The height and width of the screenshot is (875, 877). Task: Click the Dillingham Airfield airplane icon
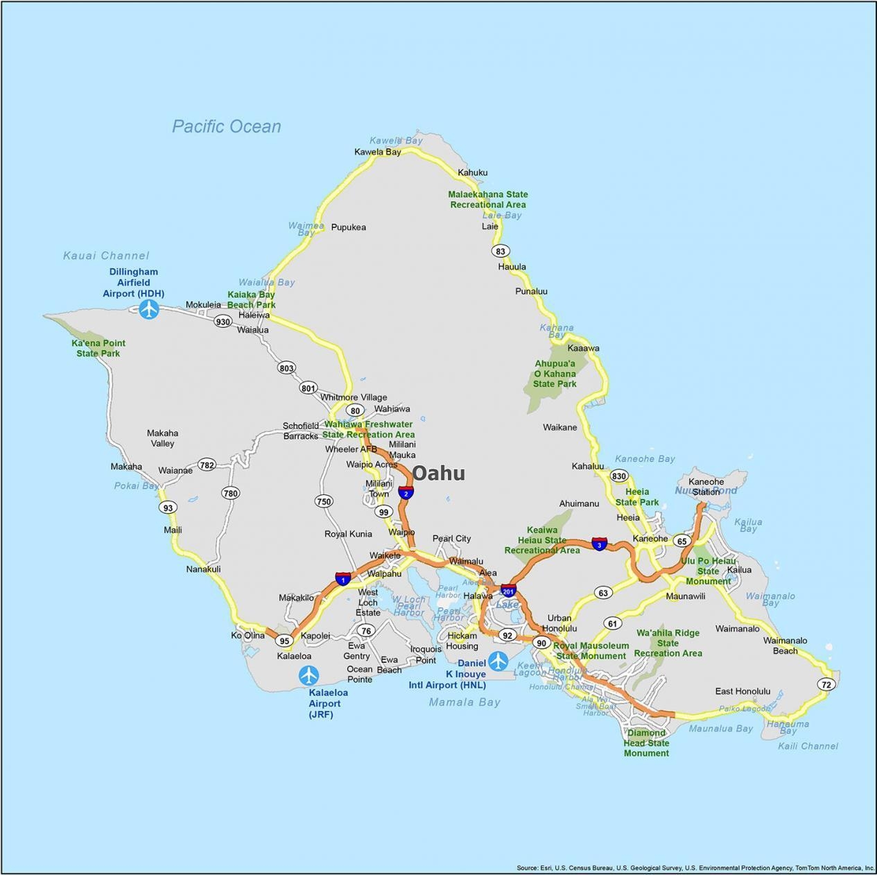[x=149, y=309]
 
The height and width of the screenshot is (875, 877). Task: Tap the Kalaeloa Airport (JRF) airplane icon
[x=309, y=675]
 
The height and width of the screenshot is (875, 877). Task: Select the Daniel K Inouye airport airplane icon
[x=498, y=661]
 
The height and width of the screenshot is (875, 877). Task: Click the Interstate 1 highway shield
[x=342, y=578]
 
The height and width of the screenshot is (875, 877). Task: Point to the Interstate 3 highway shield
[x=600, y=544]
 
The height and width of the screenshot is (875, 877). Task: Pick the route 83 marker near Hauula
[x=500, y=251]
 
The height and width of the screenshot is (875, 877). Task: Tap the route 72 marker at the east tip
[x=825, y=684]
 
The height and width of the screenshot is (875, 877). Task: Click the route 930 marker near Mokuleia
[x=223, y=322]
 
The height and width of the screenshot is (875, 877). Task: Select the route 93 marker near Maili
[x=168, y=508]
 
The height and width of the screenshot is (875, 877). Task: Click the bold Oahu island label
[x=439, y=474]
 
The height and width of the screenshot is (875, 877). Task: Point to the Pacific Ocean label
[x=227, y=126]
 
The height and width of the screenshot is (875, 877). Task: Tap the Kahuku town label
[x=473, y=173]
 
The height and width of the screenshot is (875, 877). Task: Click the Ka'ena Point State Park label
[x=98, y=348]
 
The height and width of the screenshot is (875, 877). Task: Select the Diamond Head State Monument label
[x=646, y=743]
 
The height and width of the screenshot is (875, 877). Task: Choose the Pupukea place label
[x=348, y=227]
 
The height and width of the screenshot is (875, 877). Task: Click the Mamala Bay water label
[x=464, y=702]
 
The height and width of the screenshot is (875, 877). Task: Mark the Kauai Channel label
[x=106, y=255]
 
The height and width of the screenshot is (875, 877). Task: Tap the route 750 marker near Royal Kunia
[x=324, y=501]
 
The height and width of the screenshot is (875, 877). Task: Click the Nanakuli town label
[x=203, y=569]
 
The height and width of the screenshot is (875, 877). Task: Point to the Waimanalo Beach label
[x=785, y=646]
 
